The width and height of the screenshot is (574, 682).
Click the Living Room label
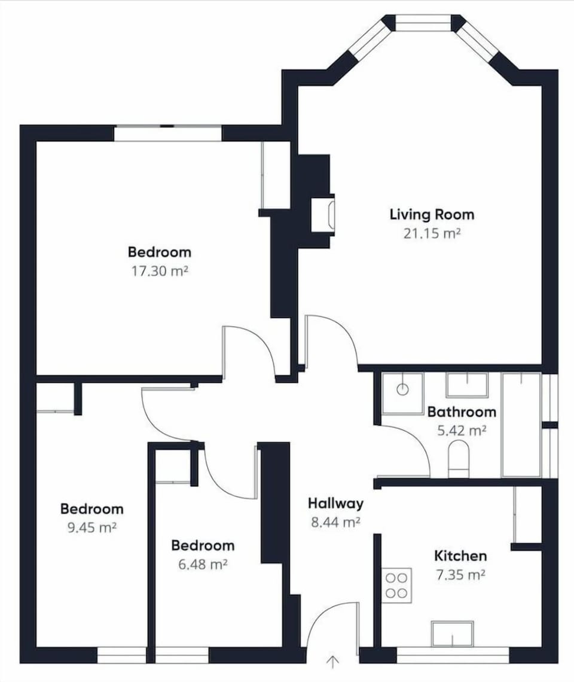tap(432, 214)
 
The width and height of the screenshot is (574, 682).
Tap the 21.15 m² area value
tap(432, 233)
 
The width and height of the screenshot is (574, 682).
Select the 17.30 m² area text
tap(160, 270)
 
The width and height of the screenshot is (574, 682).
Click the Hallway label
tap(335, 503)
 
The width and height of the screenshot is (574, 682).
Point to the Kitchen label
tap(460, 556)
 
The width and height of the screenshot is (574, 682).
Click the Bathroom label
tap(462, 412)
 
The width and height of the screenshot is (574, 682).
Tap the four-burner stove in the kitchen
tap(397, 585)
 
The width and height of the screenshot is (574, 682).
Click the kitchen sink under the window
tap(452, 634)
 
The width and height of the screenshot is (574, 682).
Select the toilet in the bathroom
tap(459, 459)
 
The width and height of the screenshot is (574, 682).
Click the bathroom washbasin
tap(467, 385)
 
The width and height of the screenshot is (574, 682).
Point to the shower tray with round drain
tap(402, 393)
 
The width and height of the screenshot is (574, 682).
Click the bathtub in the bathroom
tap(521, 425)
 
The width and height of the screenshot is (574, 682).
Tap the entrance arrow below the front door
tap(333, 662)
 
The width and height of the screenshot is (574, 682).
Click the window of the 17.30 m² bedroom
tap(168, 133)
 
